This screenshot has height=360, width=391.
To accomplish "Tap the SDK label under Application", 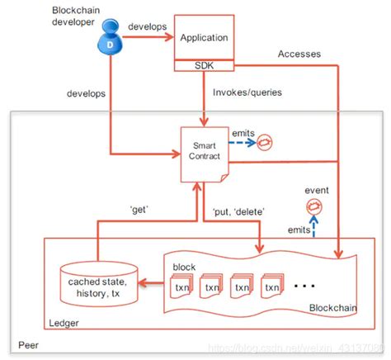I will (x=202, y=64).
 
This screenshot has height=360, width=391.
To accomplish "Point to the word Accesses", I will (x=299, y=54).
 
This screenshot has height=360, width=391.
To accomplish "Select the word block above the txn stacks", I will (x=185, y=268).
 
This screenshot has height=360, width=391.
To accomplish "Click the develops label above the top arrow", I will (x=149, y=27).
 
